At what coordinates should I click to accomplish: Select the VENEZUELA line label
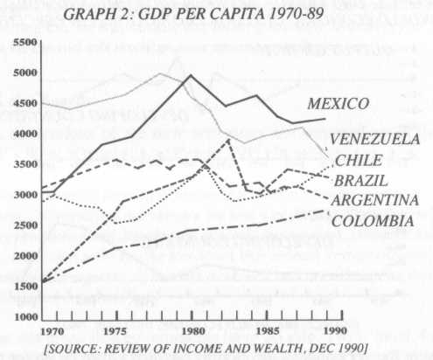point(375,139)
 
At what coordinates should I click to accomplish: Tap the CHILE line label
point(359,161)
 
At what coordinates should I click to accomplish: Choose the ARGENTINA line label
point(374,201)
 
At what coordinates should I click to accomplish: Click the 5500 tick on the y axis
point(22,43)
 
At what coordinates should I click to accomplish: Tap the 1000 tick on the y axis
point(22,317)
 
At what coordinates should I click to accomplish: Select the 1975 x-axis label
point(118,332)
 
